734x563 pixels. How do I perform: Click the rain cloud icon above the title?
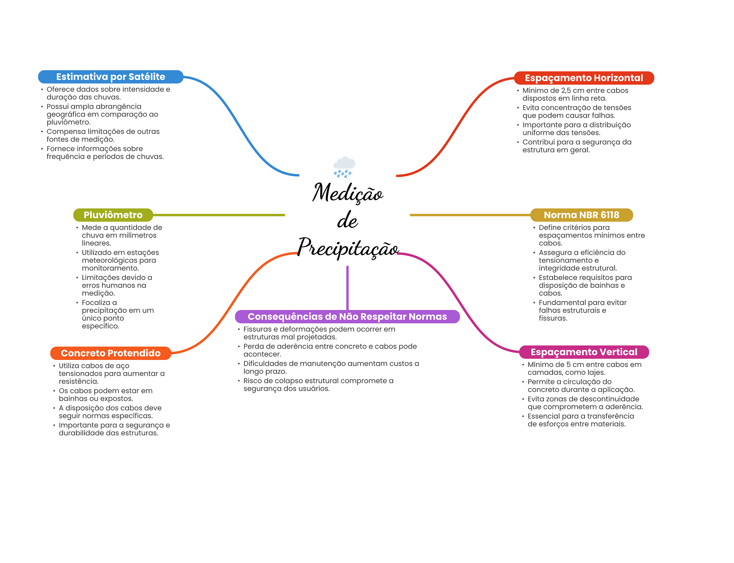(344, 167)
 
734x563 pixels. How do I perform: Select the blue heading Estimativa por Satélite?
(111, 77)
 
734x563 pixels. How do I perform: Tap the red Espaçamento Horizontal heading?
(584, 78)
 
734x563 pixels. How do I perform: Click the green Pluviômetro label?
(113, 215)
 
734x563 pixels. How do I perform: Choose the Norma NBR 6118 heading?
(581, 215)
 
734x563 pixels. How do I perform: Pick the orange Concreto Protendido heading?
(111, 353)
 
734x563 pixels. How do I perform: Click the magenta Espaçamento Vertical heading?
(584, 352)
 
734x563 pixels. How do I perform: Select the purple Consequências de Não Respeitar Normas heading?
(347, 316)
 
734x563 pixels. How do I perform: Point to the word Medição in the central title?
(348, 193)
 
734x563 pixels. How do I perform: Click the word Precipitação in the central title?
(348, 248)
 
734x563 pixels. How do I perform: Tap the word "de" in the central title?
(347, 220)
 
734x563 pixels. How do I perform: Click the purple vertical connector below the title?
(347, 288)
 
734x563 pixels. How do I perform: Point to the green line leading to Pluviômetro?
(219, 215)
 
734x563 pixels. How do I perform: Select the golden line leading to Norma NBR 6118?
(470, 215)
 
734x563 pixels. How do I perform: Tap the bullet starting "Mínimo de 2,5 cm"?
(575, 94)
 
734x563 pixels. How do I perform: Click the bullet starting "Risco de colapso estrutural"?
(318, 385)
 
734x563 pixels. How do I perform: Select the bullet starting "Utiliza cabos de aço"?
(111, 374)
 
